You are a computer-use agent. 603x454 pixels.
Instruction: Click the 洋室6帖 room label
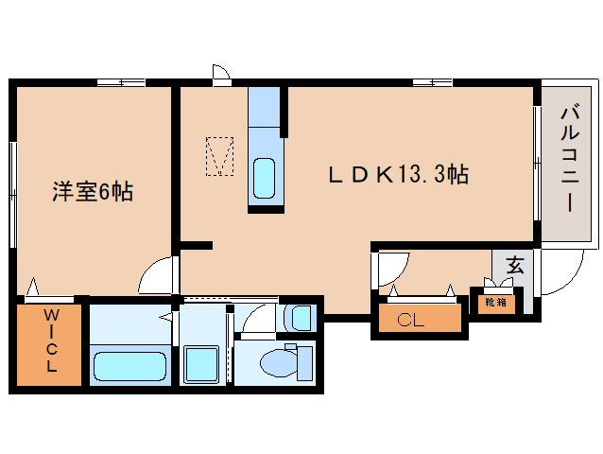[92, 192]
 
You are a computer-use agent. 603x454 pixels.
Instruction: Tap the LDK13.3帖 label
[398, 174]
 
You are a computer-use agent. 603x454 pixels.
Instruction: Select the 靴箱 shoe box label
[495, 303]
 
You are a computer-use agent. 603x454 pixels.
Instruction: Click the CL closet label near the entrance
[411, 320]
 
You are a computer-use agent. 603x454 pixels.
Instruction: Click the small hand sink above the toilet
[300, 317]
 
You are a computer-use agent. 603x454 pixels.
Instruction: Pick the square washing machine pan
[202, 362]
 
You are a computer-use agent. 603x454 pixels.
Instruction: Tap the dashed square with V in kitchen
[219, 157]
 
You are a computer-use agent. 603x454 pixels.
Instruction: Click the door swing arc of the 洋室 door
[159, 276]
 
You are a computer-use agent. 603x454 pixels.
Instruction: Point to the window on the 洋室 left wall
[13, 193]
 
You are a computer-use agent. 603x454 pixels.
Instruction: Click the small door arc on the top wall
[222, 72]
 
